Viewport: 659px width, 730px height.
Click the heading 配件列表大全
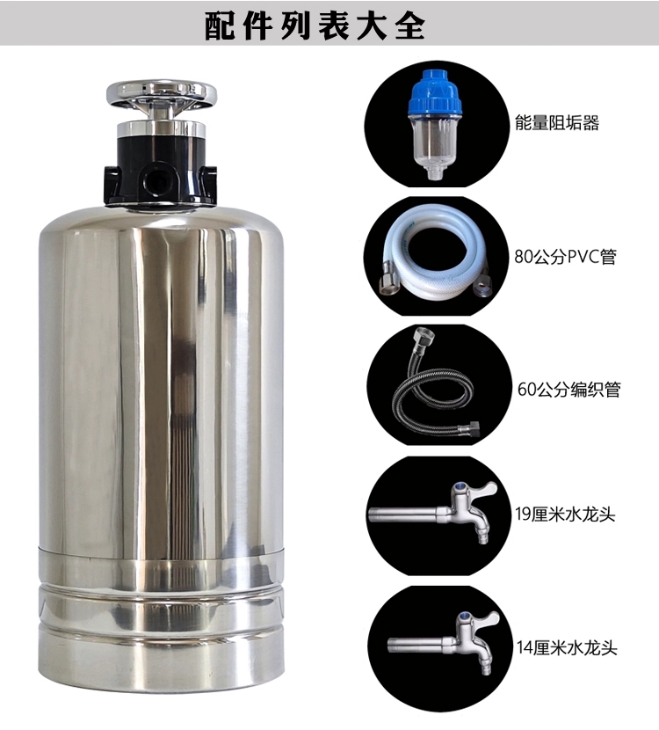[315, 26]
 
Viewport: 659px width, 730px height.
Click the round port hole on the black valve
[155, 180]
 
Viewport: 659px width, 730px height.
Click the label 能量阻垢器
[557, 123]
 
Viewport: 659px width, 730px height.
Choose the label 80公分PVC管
[565, 256]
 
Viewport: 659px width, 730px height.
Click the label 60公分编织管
[568, 389]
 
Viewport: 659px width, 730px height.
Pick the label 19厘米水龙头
[565, 515]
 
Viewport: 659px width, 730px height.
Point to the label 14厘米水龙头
[567, 647]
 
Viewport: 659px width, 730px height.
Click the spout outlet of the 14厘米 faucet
[486, 670]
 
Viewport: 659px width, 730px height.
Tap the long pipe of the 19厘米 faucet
[403, 515]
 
